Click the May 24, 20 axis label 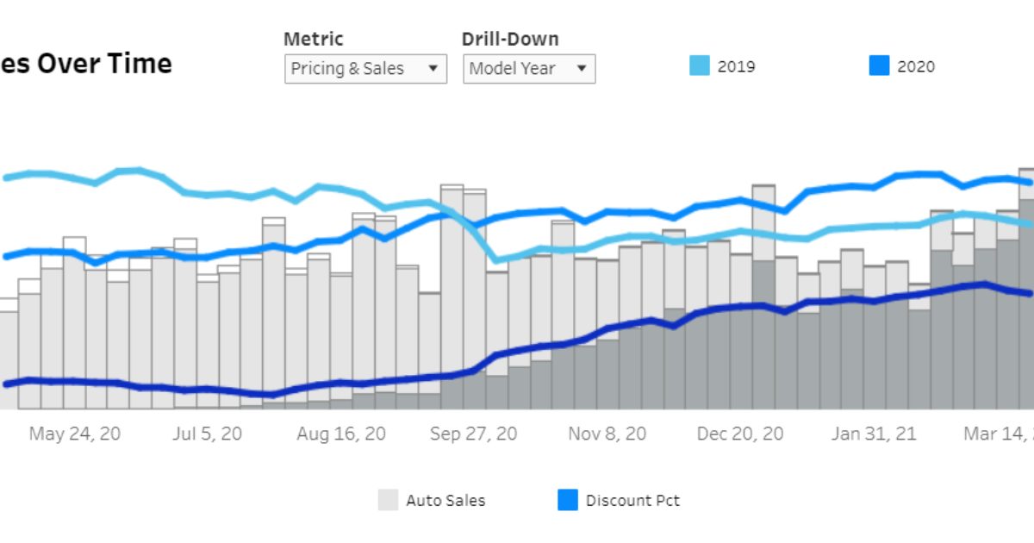tap(75, 434)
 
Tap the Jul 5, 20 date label tap(208, 434)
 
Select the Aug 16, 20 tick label tap(341, 434)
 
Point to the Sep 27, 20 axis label tap(474, 434)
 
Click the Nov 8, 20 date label tap(607, 434)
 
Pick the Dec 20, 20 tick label tap(740, 434)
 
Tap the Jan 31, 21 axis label tap(874, 434)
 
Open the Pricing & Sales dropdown tap(365, 68)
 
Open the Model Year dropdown tap(529, 68)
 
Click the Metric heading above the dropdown tap(314, 39)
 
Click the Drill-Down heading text tap(510, 39)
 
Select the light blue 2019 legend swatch tap(700, 66)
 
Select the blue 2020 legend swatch tap(879, 66)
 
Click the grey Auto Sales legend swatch tap(389, 500)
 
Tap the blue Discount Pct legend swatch tap(568, 500)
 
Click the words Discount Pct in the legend tap(632, 500)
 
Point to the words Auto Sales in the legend tap(445, 500)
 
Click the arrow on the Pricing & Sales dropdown tap(433, 68)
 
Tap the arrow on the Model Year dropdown tap(582, 68)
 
